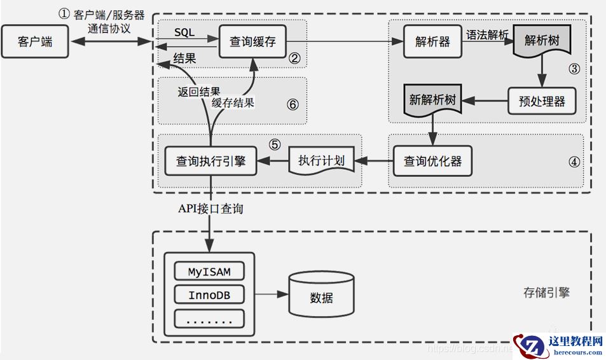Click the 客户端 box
click(x=35, y=43)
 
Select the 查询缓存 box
click(x=252, y=43)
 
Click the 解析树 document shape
click(x=541, y=40)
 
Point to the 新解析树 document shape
click(x=433, y=101)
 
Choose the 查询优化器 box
click(x=433, y=161)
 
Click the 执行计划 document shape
click(x=321, y=161)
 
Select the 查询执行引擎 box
click(x=210, y=162)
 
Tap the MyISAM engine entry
click(x=209, y=272)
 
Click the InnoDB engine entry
click(x=209, y=295)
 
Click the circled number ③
click(x=574, y=69)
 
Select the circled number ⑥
click(x=293, y=104)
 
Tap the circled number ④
click(x=574, y=161)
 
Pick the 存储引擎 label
click(x=546, y=293)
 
